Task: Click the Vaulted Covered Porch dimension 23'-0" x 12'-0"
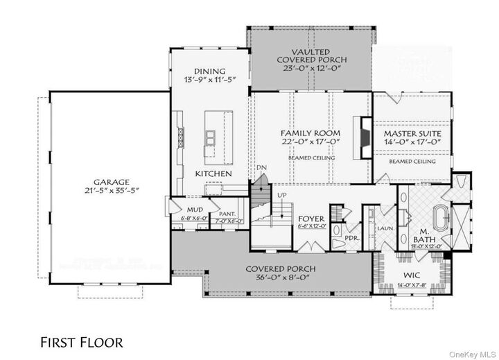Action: pos(310,69)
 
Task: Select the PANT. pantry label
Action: pos(227,214)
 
